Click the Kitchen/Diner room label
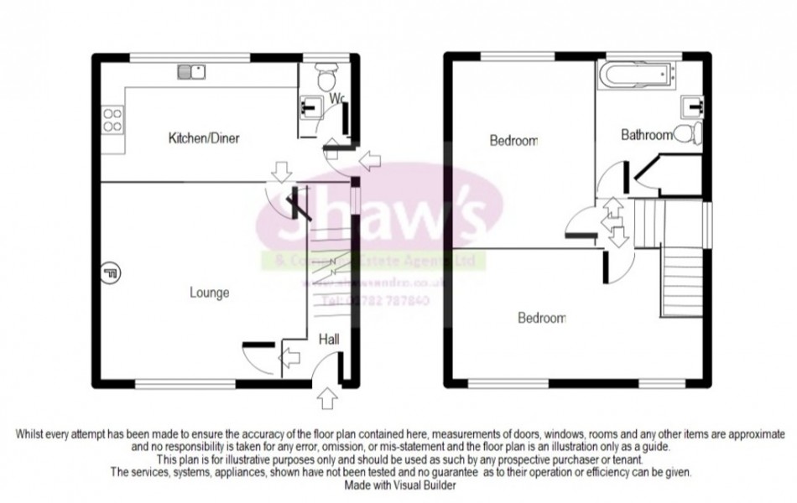pos(198,137)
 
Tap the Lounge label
pos(210,293)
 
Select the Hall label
pos(331,339)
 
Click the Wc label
pos(336,99)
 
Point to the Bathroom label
pos(647,135)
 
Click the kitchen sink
pos(191,72)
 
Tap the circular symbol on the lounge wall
pos(110,271)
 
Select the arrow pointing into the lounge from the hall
pos(290,359)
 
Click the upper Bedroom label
pos(513,141)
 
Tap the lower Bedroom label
pos(541,318)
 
